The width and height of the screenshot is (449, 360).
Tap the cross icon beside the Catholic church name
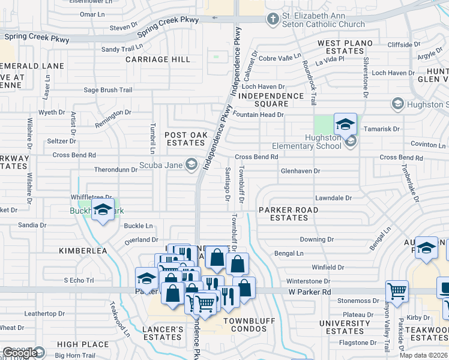pos(273,19)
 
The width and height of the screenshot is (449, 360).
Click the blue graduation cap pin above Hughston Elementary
pos(345,125)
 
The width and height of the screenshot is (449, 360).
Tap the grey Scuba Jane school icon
pos(191,164)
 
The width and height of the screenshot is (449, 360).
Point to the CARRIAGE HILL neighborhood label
pos(158,59)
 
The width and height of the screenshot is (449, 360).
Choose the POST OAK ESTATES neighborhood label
pos(185,139)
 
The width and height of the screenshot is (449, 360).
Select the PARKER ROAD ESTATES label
pos(289,214)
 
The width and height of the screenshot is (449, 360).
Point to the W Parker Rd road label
pos(310,292)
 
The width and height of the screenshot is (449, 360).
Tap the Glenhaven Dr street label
pos(300,171)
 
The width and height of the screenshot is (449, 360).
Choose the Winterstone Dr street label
pos(309,281)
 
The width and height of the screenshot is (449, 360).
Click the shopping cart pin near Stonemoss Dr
pos(397,292)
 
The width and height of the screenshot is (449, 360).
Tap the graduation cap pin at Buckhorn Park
pos(103,210)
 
